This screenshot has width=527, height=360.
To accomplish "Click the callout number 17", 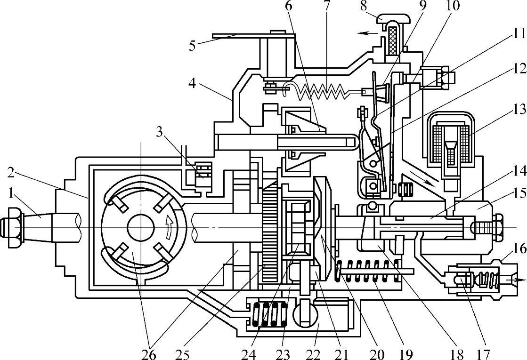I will tap(484, 352).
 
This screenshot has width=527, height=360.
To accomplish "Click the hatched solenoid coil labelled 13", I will tap(451, 141).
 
